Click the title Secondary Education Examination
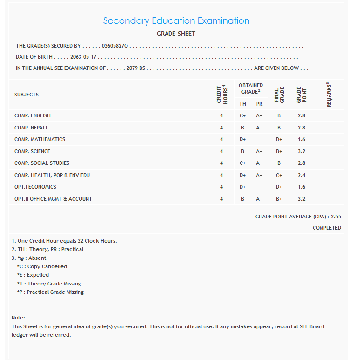click(176, 21)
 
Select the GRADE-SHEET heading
click(176, 34)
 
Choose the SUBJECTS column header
click(27, 95)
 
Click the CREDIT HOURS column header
click(222, 95)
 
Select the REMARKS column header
click(328, 95)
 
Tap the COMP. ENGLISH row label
click(33, 115)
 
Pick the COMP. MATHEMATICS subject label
click(40, 139)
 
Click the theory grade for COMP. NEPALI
click(242, 128)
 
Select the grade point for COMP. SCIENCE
click(302, 151)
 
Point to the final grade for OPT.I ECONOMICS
click(279, 187)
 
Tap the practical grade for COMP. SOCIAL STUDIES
click(259, 163)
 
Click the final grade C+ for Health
click(279, 175)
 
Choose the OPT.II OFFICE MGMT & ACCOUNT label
click(53, 199)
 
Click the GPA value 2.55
click(336, 217)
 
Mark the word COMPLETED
click(327, 228)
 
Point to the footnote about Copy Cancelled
click(42, 266)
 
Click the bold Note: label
click(18, 318)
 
